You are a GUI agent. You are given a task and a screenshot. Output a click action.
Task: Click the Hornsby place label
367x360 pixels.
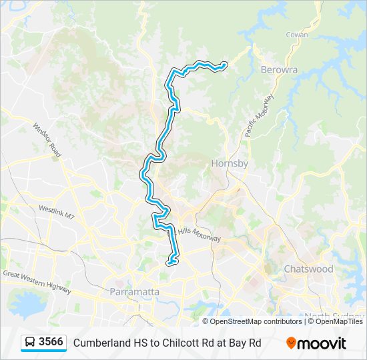pyautogui.click(x=230, y=163)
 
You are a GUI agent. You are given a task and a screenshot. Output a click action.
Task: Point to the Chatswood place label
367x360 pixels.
pyautogui.click(x=308, y=269)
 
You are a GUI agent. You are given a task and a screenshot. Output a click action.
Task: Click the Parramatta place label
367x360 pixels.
pyautogui.click(x=134, y=292)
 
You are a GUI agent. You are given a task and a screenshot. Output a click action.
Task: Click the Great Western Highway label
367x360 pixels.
pyautogui.click(x=37, y=279)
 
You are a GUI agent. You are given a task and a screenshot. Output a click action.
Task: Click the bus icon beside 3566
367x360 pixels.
pyautogui.click(x=30, y=343)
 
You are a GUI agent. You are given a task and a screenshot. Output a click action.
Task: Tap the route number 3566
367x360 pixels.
pyautogui.click(x=51, y=343)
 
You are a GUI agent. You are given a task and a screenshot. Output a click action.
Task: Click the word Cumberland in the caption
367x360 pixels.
pyautogui.click(x=101, y=343)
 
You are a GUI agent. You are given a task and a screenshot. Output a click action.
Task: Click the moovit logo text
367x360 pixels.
pyautogui.click(x=322, y=343)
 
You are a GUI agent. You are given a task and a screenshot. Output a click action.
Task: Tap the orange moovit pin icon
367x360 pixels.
pyautogui.click(x=291, y=343)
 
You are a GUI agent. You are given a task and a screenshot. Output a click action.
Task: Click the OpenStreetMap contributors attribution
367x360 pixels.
pyautogui.click(x=256, y=321)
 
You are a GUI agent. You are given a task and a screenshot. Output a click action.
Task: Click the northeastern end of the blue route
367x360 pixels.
pyautogui.click(x=224, y=65)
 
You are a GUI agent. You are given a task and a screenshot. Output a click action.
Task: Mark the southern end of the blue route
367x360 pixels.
pyautogui.click(x=169, y=263)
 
